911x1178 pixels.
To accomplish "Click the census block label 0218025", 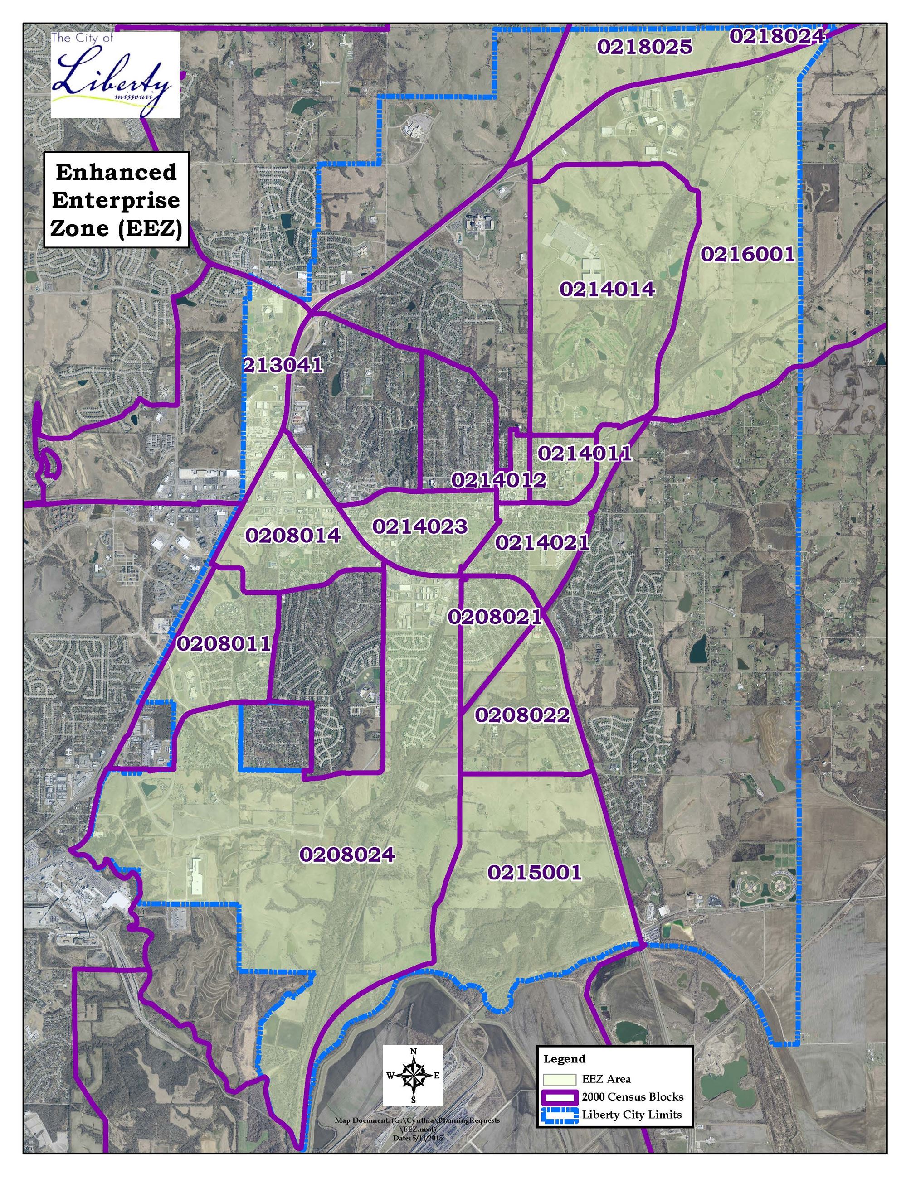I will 644,47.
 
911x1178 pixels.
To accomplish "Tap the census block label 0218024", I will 777,36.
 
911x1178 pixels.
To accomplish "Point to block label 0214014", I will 607,290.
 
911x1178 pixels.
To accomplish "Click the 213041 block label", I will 283,365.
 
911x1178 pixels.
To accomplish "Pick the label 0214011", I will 585,454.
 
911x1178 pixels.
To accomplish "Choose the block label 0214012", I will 499,479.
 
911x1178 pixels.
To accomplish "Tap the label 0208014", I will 293,535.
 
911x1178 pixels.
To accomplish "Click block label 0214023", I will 419,526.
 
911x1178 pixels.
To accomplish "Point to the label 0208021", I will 494,617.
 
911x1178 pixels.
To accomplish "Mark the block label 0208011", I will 224,643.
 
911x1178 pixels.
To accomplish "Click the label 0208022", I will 522,715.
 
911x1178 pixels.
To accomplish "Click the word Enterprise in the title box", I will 116,200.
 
